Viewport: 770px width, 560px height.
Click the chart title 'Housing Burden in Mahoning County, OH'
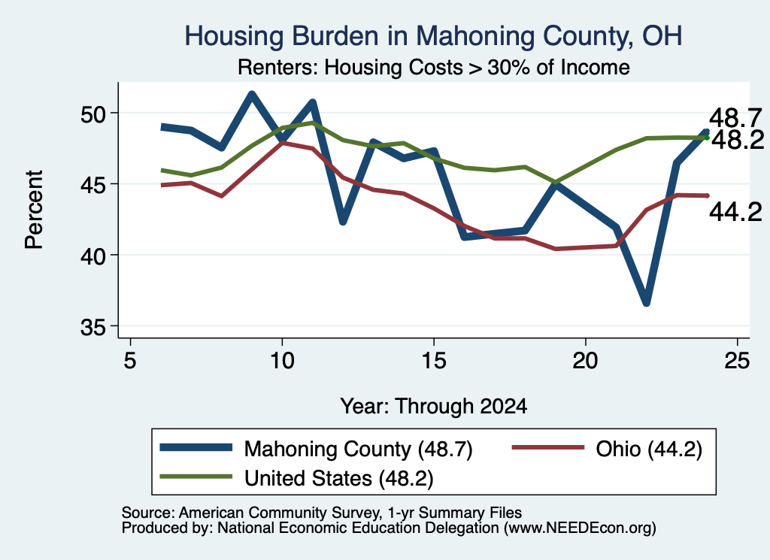[433, 36]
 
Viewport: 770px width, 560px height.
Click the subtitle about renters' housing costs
[434, 67]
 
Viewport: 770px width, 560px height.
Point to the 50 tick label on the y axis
[93, 114]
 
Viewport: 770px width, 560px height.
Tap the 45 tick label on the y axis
[93, 185]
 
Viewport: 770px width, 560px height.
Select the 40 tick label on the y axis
[93, 256]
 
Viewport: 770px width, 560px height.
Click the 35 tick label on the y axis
[93, 328]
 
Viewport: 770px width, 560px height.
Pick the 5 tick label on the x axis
[129, 361]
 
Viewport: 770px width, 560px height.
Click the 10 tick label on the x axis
[282, 361]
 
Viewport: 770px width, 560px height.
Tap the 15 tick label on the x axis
[434, 361]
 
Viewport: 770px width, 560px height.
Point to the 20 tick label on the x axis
[585, 361]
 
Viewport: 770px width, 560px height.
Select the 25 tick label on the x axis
[737, 361]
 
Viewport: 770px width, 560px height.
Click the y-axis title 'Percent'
[34, 210]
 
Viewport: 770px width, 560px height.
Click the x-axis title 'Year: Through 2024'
[434, 407]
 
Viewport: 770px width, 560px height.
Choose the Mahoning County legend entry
[317, 449]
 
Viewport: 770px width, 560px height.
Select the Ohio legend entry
[607, 449]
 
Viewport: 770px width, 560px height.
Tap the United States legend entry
[296, 478]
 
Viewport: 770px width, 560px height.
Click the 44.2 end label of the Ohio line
[735, 212]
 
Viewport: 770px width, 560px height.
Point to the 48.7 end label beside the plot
[735, 118]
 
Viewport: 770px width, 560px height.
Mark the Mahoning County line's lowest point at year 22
[646, 302]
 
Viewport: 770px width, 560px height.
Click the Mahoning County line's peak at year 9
[251, 94]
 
